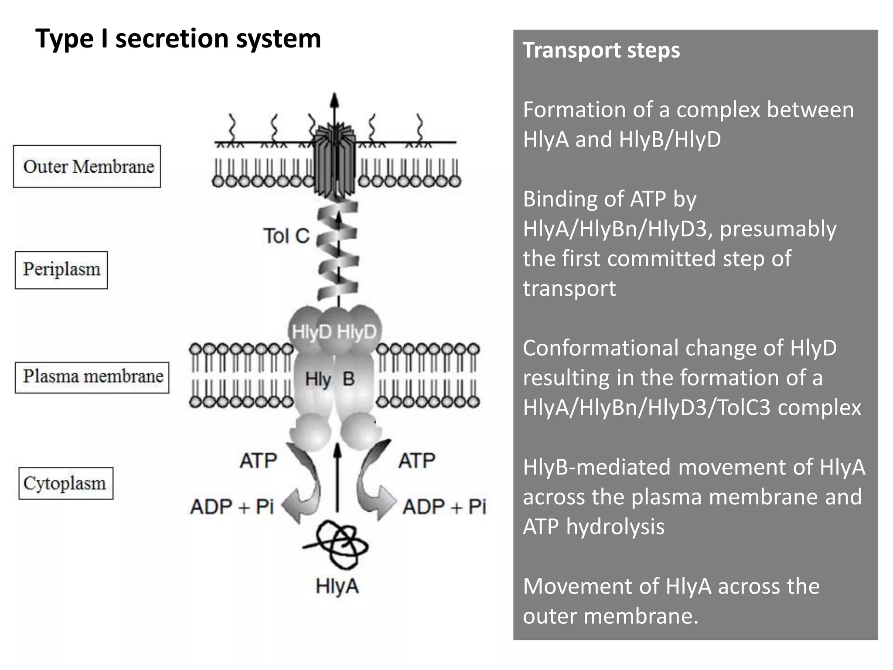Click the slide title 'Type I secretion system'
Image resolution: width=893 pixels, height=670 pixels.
coord(178,38)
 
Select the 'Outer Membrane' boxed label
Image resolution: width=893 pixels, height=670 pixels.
coord(87,167)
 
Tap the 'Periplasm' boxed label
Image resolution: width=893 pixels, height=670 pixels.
coord(61,270)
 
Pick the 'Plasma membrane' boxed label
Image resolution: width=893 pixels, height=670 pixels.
coord(92,377)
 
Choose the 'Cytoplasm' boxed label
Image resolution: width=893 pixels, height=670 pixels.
coord(65,483)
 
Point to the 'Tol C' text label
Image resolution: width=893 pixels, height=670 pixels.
coord(286,236)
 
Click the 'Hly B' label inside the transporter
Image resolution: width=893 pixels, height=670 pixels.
coord(329,379)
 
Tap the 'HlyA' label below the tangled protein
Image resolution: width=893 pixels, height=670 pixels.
coord(337,586)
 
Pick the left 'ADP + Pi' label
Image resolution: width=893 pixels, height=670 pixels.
coord(232,507)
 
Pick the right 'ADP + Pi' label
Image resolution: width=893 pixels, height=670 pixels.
coord(444,507)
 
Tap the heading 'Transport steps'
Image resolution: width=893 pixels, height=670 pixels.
coord(601,50)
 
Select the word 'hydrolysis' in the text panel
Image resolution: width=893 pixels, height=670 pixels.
coord(615,526)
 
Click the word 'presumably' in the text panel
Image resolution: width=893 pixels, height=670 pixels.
coord(777,229)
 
